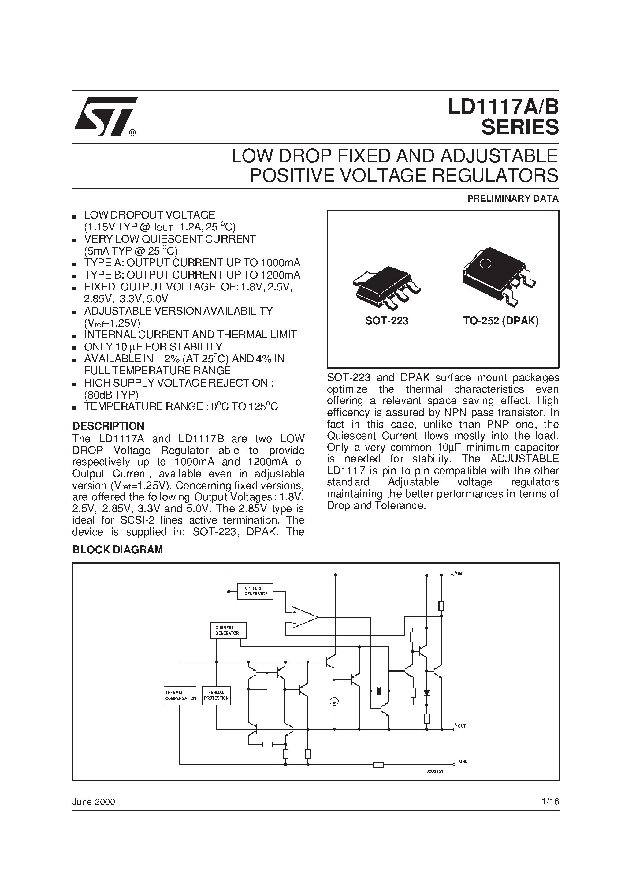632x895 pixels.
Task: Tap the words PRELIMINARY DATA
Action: (513, 199)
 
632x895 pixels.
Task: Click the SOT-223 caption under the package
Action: (387, 321)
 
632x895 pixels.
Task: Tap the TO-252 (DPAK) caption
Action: (501, 321)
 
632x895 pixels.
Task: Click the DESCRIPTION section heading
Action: (108, 426)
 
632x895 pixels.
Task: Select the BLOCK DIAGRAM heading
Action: (118, 550)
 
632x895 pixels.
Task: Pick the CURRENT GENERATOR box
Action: (228, 630)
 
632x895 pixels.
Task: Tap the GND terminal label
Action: (463, 761)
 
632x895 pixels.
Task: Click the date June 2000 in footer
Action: (94, 802)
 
